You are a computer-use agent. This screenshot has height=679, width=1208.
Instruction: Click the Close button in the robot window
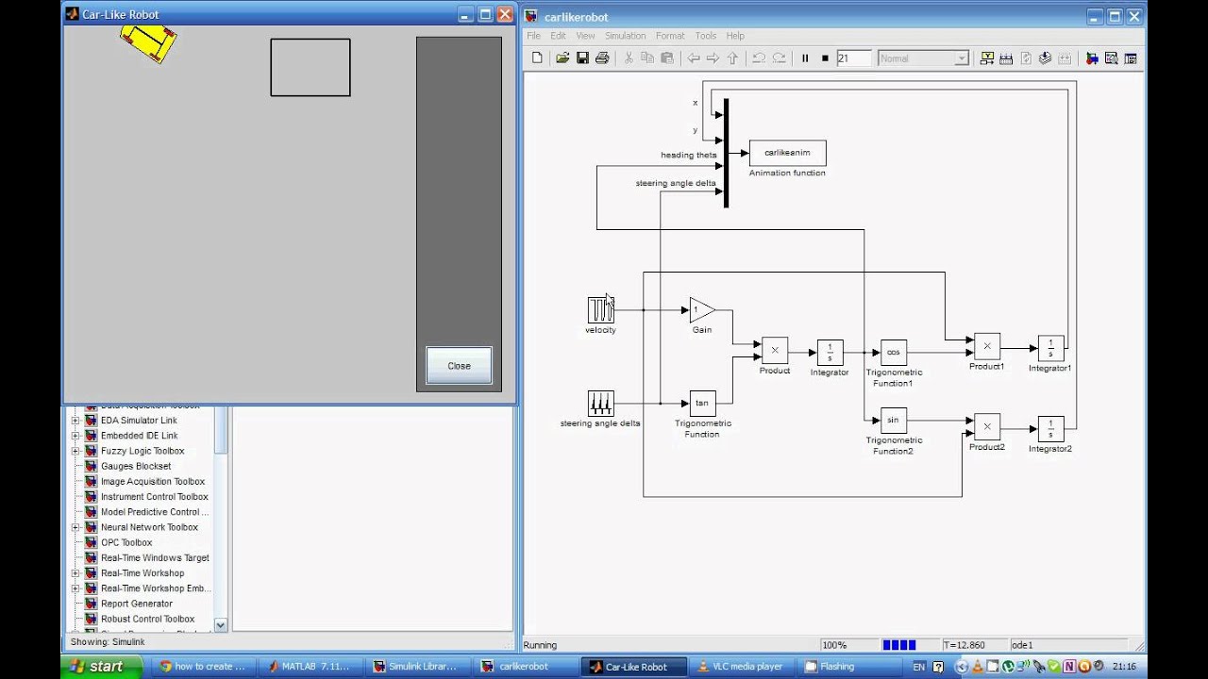click(459, 366)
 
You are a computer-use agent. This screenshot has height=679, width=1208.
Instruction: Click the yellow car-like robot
click(149, 42)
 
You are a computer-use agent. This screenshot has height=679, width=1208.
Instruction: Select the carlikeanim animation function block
click(787, 153)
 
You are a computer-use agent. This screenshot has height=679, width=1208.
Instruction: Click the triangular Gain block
click(701, 310)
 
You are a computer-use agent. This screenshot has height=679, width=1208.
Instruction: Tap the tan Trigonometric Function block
click(702, 404)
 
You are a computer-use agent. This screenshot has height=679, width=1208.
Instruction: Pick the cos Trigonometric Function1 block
click(893, 353)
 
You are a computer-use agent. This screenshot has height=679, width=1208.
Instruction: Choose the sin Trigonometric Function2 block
click(893, 420)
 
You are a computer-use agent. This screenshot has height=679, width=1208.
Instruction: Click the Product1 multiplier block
click(987, 346)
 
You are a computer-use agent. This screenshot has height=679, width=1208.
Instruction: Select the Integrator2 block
click(1050, 429)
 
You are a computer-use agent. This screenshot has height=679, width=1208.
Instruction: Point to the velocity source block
click(600, 310)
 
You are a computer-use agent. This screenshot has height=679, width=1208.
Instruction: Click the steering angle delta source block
click(600, 404)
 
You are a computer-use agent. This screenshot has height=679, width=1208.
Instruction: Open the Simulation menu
click(625, 36)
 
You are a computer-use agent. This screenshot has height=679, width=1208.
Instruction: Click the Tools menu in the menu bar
click(706, 36)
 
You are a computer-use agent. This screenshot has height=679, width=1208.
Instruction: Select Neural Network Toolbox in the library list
click(149, 527)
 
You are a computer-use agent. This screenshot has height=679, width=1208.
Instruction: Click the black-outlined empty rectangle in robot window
click(310, 67)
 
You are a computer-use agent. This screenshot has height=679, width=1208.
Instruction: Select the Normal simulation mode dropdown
click(923, 58)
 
